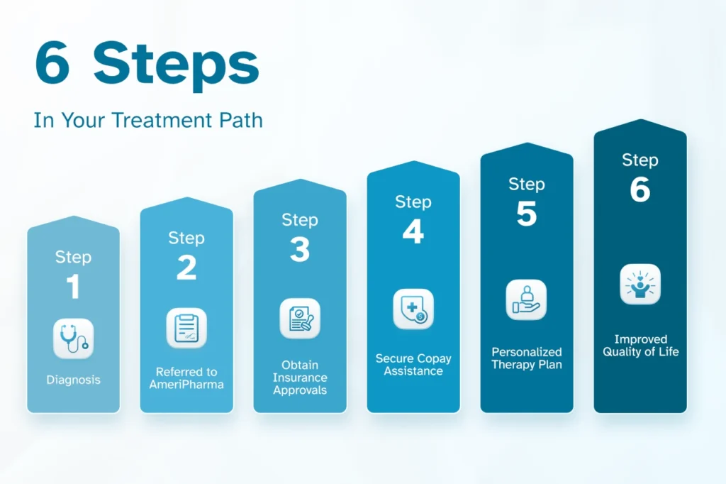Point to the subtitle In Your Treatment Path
tap(148, 120)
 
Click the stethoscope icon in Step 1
tap(74, 339)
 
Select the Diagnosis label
tap(74, 380)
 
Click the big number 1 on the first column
tap(73, 287)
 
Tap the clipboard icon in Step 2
tap(186, 328)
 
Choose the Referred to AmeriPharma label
tap(186, 378)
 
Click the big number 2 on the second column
tap(186, 268)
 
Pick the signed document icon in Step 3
tap(300, 318)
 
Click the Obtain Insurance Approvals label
tap(300, 378)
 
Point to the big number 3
tap(300, 250)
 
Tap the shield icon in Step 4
tap(413, 309)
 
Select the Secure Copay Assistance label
tap(413, 364)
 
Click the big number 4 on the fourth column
tap(413, 231)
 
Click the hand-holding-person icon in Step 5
tap(526, 299)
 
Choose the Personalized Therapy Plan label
tap(527, 358)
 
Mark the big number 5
tap(527, 213)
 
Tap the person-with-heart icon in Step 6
tap(640, 284)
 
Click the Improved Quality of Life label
tap(640, 346)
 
